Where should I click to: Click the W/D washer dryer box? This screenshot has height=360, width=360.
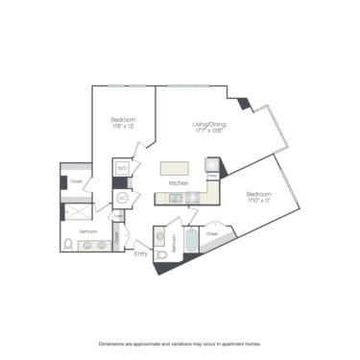[x=122, y=169]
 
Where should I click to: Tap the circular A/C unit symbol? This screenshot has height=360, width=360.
[x=123, y=197]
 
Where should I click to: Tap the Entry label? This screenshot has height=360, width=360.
[x=140, y=253]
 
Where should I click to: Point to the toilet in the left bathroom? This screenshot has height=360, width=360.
[x=68, y=245]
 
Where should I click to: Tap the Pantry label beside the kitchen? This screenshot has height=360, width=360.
[x=209, y=176]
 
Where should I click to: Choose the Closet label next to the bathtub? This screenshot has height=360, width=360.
[x=212, y=232]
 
